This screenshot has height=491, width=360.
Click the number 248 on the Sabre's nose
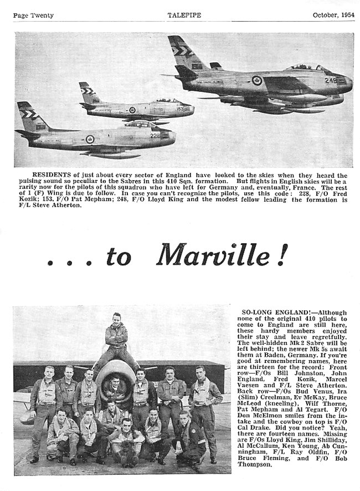click(331, 81)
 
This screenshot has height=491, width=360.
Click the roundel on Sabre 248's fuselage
click(257, 80)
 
